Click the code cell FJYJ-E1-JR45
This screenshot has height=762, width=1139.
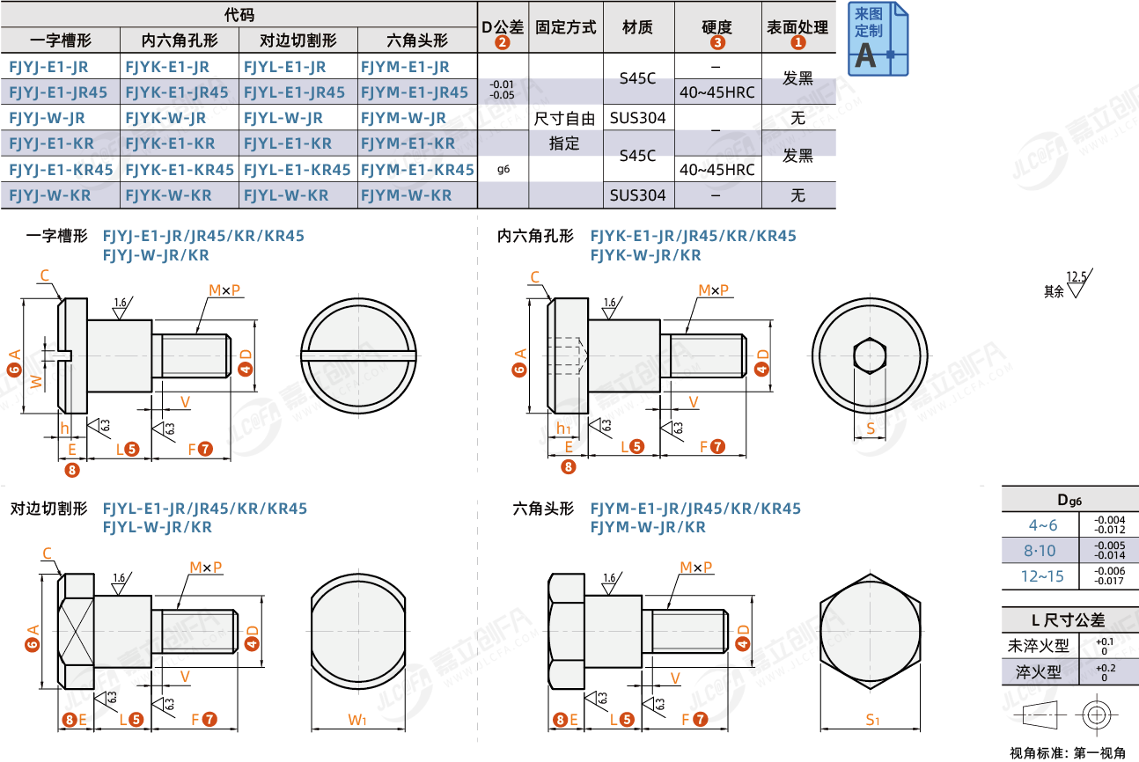[x=58, y=92]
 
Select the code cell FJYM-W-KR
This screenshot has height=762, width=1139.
[x=407, y=195]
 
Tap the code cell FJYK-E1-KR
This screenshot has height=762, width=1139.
[x=171, y=143]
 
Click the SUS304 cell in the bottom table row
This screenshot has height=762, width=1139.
[x=637, y=195]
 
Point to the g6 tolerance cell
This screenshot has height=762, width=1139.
[x=503, y=169]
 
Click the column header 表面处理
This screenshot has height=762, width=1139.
[x=797, y=27]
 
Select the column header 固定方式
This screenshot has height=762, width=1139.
[x=565, y=27]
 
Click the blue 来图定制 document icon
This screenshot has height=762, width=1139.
[x=878, y=39]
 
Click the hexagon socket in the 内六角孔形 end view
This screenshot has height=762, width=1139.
[x=870, y=355]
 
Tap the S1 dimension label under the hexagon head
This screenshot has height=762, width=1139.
[x=872, y=720]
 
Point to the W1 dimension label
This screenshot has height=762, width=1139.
[x=357, y=720]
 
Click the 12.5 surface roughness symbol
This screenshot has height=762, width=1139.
[x=1079, y=282]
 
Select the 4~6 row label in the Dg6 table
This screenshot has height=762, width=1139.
[x=1043, y=525]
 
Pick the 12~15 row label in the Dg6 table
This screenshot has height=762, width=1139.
[x=1042, y=576]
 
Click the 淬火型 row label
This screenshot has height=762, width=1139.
[x=1039, y=672]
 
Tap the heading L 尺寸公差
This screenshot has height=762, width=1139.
[x=1069, y=620]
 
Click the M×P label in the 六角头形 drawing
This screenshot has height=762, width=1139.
[x=696, y=567]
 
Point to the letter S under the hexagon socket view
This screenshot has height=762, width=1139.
[x=871, y=429]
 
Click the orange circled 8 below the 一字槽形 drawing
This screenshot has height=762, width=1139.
[x=72, y=470]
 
